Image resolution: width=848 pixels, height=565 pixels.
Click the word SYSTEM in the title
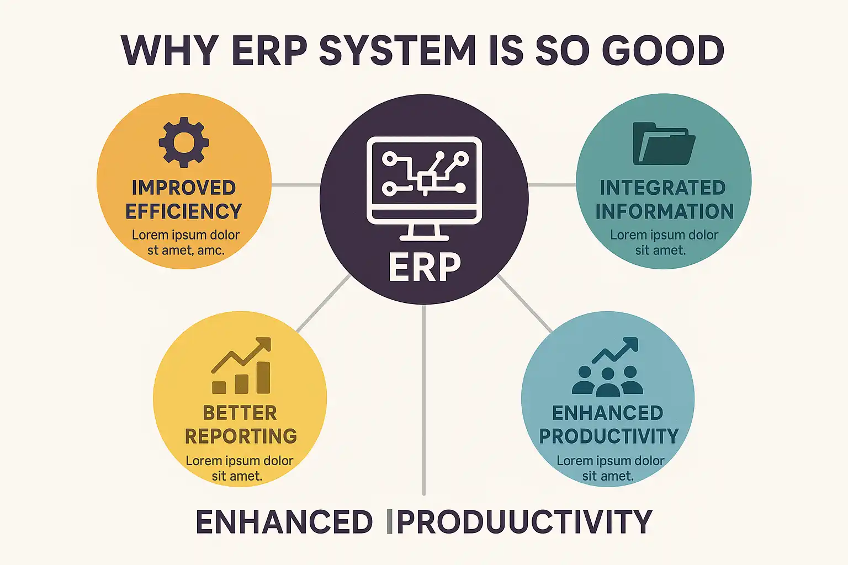point(397,51)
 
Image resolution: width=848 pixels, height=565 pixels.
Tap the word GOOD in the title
point(663,51)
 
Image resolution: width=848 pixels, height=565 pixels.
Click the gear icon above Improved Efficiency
point(184,142)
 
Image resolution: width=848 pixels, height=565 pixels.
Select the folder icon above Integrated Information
point(664,143)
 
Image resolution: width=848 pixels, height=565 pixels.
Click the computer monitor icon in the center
point(424,189)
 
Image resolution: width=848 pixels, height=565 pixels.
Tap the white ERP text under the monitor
point(425,268)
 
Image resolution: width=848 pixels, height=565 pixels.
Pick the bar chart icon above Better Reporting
point(241,366)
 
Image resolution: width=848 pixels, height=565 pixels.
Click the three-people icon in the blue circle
point(607,381)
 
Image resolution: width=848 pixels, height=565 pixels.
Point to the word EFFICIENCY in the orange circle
point(184,211)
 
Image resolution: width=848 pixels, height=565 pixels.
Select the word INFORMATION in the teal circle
point(664,211)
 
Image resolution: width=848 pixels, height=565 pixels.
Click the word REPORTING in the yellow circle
point(241,436)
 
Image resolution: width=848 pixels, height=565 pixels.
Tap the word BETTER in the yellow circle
point(240,413)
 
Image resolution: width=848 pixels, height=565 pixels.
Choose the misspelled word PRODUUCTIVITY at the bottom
point(524,522)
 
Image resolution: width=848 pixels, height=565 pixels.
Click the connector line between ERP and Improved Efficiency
point(296,185)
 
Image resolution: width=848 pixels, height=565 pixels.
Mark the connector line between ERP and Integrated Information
point(552,185)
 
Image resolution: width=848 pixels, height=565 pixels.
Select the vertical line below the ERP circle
point(424,399)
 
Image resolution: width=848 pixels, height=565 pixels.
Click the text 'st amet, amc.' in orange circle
point(186,250)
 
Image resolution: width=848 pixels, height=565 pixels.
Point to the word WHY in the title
point(170,51)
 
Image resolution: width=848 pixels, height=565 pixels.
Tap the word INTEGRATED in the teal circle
point(663,188)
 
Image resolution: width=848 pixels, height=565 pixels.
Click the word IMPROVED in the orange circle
point(184,188)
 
